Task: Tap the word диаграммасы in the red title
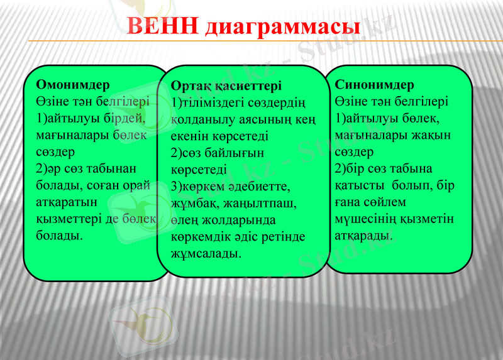pyautogui.click(x=283, y=27)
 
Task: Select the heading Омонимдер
pyautogui.click(x=73, y=84)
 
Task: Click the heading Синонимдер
pyautogui.click(x=375, y=84)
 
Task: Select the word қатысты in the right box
pyautogui.click(x=359, y=185)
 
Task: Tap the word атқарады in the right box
pyautogui.click(x=364, y=236)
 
